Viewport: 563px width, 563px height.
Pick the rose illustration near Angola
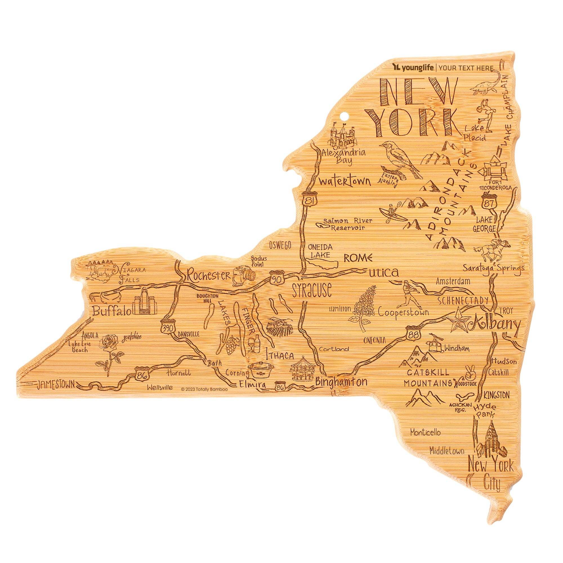click(x=109, y=351)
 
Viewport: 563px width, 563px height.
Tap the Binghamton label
click(x=341, y=382)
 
